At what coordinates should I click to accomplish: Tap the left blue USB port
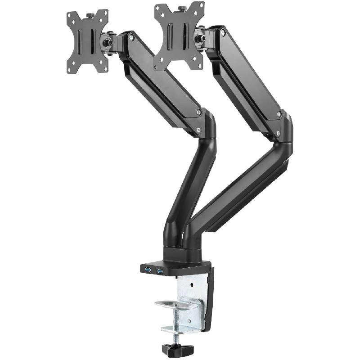148,270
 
